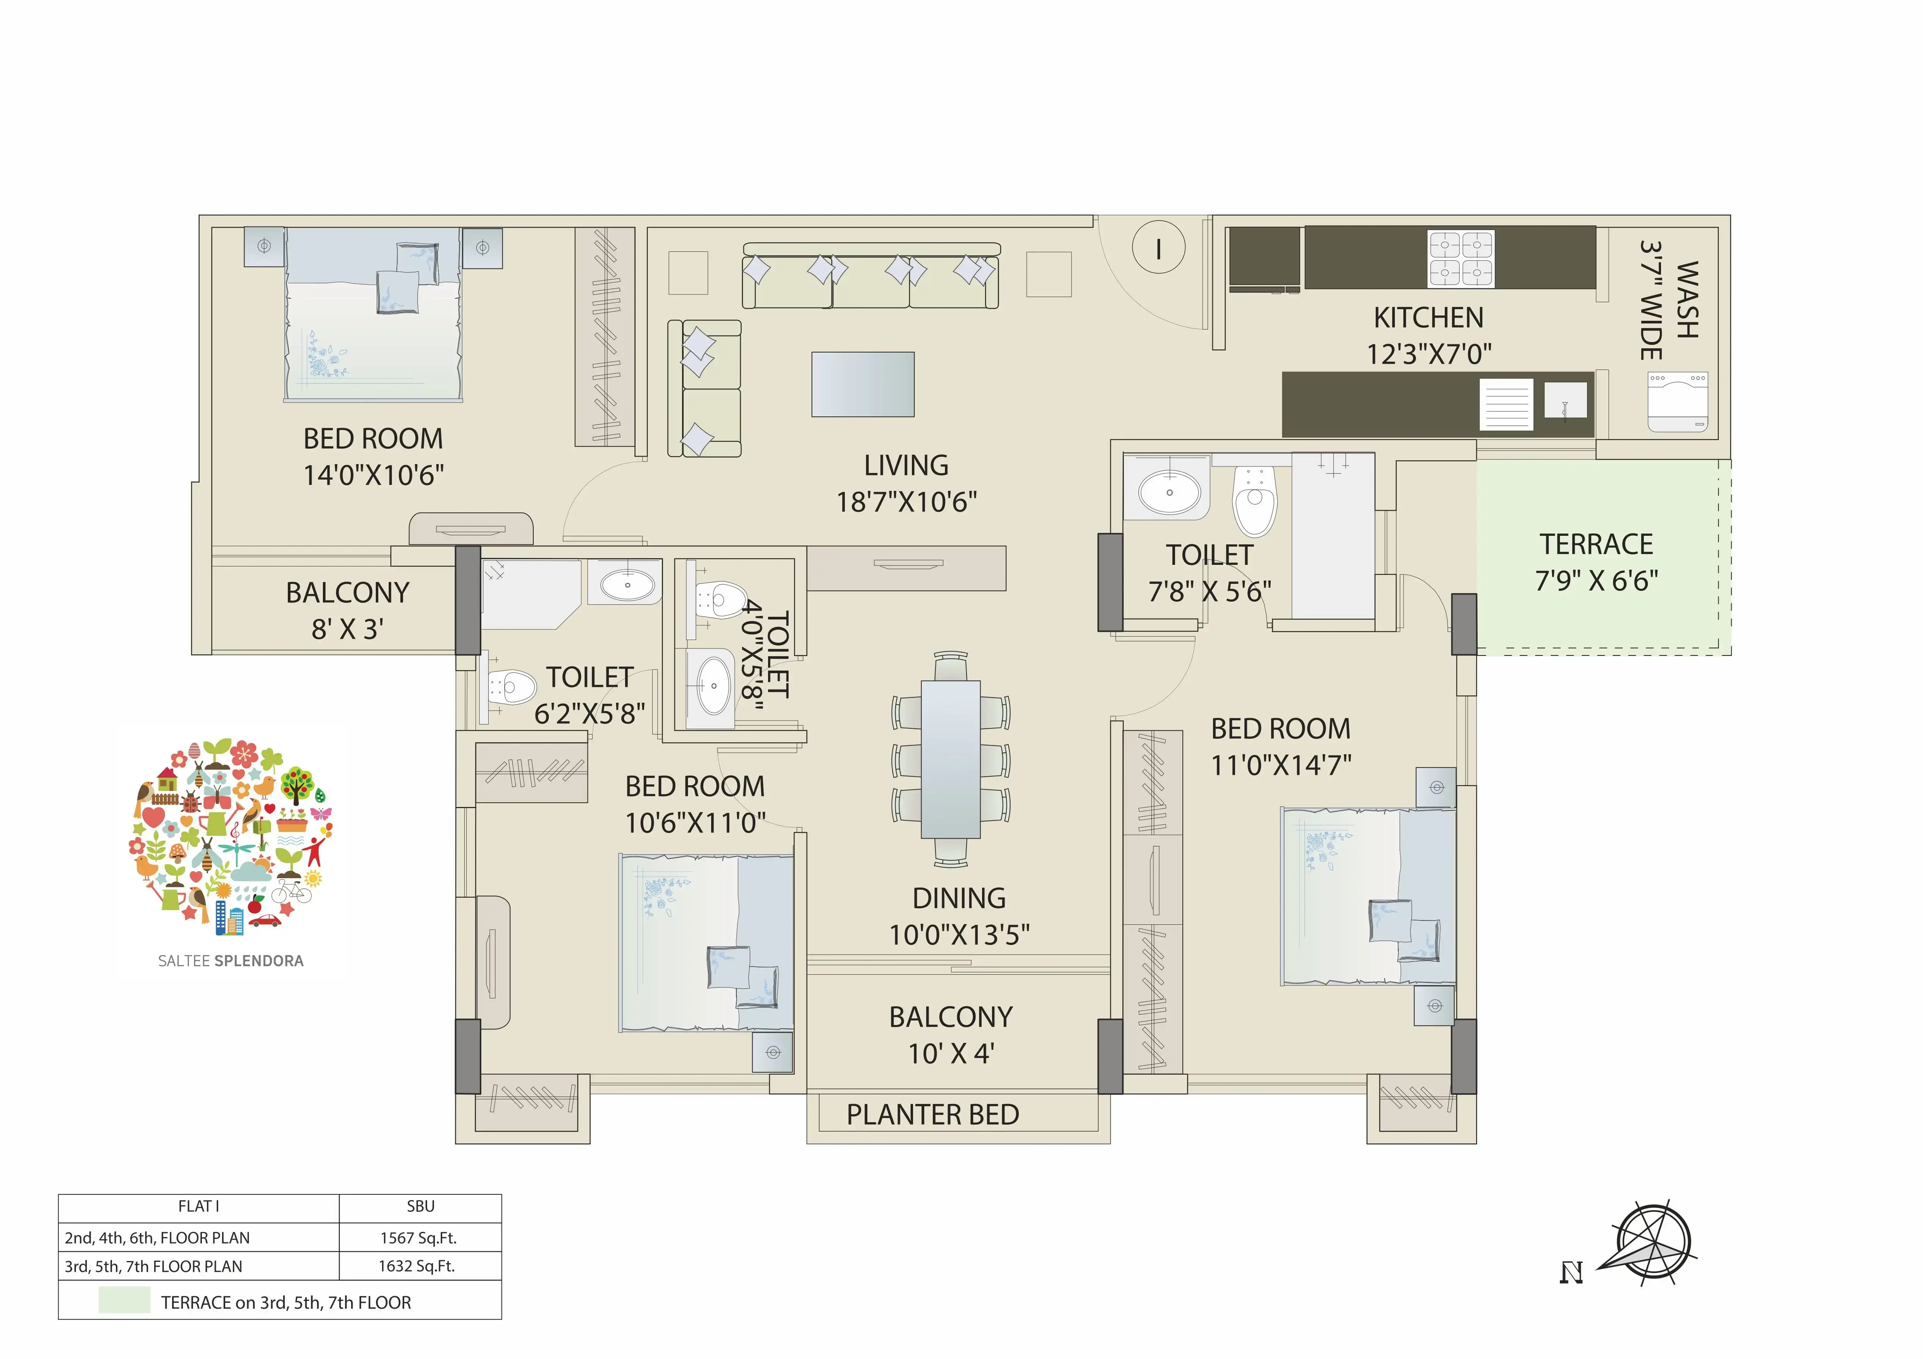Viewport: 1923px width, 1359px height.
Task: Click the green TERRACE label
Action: [1596, 544]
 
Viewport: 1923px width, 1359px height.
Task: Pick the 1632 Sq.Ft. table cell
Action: [419, 1266]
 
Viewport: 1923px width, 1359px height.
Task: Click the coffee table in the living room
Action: [863, 384]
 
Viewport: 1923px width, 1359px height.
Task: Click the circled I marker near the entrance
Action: [1158, 248]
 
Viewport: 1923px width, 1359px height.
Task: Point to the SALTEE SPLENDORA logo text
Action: [231, 961]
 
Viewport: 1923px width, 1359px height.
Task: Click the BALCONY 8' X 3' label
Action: [348, 611]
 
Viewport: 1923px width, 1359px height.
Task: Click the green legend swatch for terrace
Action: [124, 1301]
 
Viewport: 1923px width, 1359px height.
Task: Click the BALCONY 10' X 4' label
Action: [951, 1035]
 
